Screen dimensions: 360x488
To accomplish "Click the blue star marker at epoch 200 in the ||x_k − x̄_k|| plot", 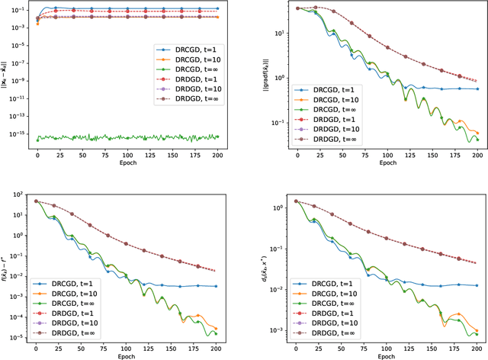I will pyautogui.click(x=217, y=8).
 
